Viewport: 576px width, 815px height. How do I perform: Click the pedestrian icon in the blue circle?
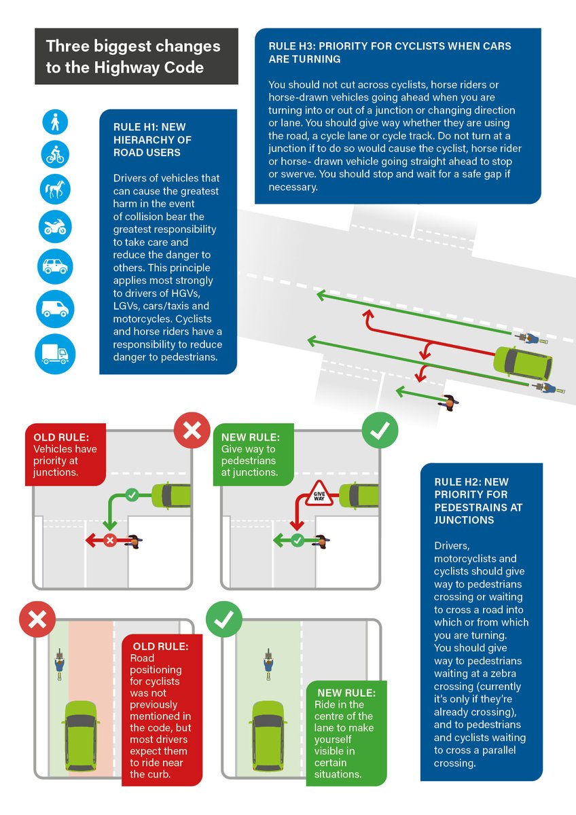(x=55, y=122)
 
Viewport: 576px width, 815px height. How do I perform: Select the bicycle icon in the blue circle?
(x=55, y=153)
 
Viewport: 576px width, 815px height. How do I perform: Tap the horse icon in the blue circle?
(x=55, y=187)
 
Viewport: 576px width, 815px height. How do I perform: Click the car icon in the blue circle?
(x=55, y=266)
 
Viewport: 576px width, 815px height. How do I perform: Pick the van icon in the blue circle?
(x=55, y=308)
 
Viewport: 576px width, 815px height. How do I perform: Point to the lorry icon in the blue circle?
(x=55, y=354)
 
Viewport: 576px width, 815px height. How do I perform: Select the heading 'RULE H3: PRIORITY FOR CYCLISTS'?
(x=390, y=52)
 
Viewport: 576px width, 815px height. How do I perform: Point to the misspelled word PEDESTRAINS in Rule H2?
(x=471, y=507)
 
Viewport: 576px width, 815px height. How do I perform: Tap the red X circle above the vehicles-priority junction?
(x=193, y=431)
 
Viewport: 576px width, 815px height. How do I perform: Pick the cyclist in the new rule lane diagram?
(x=269, y=662)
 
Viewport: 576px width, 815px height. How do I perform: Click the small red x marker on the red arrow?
(x=110, y=541)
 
